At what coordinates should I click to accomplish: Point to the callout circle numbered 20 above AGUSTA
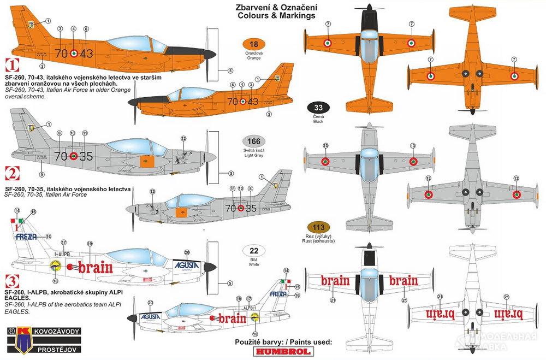(x=187, y=252)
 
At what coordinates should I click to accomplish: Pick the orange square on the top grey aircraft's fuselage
(x=145, y=162)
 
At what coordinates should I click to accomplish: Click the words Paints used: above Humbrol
(x=307, y=343)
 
